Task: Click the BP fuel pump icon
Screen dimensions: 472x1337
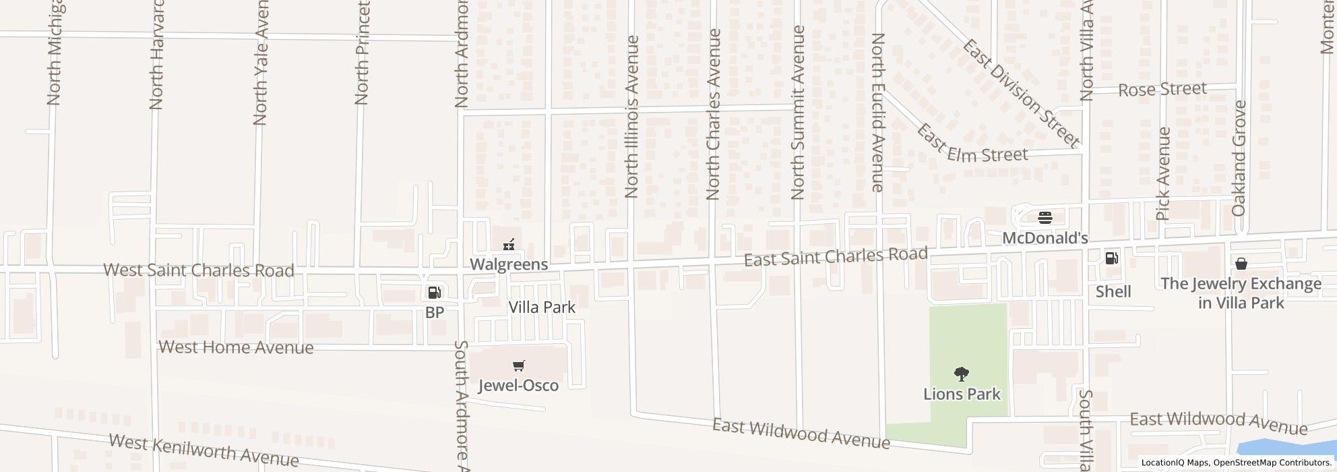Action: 435,293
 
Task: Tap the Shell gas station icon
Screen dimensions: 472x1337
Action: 1111,258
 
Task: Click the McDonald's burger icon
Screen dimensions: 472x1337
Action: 1045,218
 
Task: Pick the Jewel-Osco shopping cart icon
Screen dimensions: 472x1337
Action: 518,366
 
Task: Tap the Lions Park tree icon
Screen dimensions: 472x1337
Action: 962,374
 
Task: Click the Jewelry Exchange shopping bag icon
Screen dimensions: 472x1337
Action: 1241,264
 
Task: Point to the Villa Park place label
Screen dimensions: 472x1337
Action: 542,307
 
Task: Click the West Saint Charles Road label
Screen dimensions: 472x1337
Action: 199,270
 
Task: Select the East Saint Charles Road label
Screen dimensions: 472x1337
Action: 836,257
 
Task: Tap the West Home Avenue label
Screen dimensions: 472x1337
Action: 236,347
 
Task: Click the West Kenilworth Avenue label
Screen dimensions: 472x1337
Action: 204,450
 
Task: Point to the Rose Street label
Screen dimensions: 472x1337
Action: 1162,89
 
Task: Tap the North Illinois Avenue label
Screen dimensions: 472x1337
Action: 631,117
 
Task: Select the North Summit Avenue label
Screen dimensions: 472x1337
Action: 798,113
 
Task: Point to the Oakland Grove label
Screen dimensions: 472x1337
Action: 1239,158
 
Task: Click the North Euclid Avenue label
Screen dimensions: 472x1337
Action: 877,113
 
